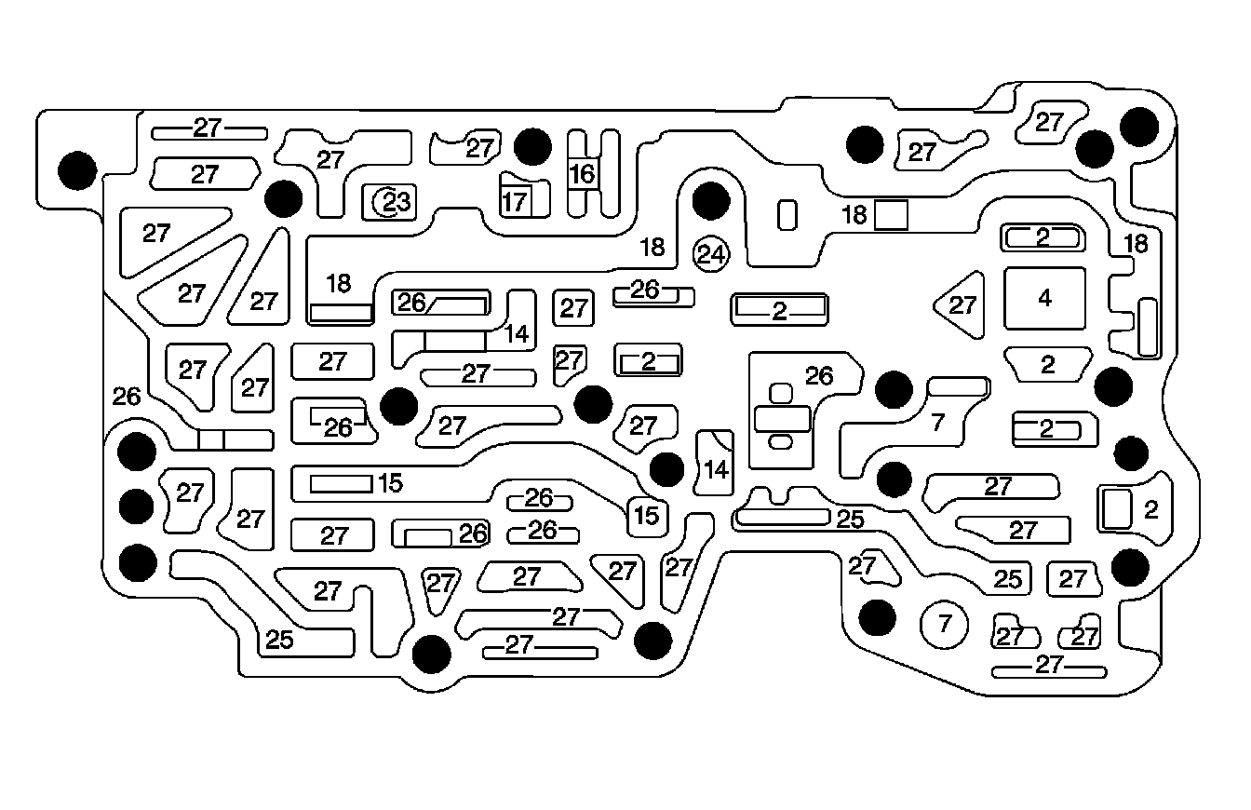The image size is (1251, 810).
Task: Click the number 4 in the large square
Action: [x=1044, y=298]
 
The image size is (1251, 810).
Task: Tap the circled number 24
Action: [x=712, y=253]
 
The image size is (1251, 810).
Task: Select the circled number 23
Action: [x=391, y=200]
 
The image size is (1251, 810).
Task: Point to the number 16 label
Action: [x=582, y=174]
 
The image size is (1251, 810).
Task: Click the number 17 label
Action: [x=515, y=200]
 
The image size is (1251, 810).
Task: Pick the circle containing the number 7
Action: [x=945, y=624]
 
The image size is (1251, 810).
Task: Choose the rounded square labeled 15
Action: [x=648, y=515]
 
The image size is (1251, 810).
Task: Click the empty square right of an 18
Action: [x=891, y=215]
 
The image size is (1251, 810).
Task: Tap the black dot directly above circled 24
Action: [x=710, y=198]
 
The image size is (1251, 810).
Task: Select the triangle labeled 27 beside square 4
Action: [x=962, y=304]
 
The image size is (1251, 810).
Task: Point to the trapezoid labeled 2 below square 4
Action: [x=1048, y=364]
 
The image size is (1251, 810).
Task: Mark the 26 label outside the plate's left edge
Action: [x=127, y=397]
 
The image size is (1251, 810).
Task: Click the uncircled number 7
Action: [x=938, y=423]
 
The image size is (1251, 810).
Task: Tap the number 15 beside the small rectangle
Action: [x=390, y=483]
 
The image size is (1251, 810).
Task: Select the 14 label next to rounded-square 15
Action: [x=716, y=469]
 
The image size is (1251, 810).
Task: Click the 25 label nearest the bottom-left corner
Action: [x=279, y=640]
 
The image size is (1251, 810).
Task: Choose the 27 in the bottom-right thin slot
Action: [x=1049, y=665]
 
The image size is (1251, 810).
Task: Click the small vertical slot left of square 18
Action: [x=787, y=215]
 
